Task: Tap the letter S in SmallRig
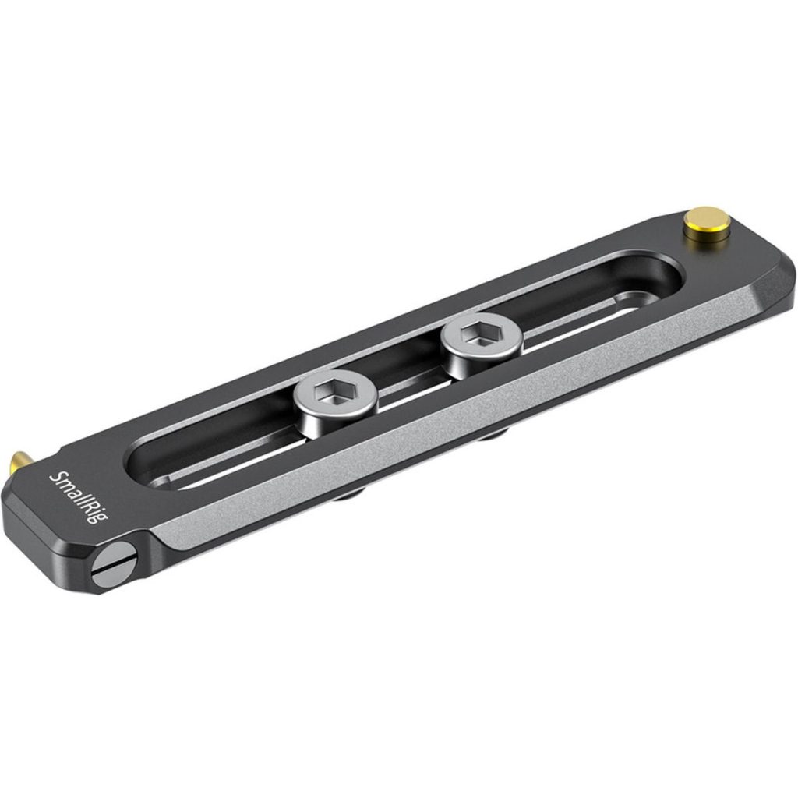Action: pos(57,475)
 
